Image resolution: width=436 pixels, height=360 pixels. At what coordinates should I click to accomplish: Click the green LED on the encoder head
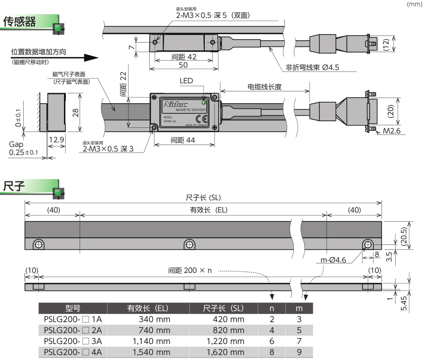coord(204,102)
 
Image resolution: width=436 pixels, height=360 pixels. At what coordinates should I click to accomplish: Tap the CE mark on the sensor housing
coord(204,119)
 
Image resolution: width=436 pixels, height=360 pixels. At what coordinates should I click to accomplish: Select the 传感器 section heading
coord(20,22)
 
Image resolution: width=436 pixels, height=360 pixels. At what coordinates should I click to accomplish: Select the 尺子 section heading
coord(14,185)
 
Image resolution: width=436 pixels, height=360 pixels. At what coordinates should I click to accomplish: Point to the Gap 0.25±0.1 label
coord(24,148)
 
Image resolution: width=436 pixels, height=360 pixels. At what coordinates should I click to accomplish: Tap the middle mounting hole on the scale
coord(190,244)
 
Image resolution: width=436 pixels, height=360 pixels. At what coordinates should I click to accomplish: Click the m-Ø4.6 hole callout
coord(334,260)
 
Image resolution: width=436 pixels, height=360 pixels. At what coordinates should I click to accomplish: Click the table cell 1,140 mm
coord(148,341)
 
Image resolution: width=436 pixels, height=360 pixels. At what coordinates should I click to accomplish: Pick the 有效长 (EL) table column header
coord(148,308)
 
